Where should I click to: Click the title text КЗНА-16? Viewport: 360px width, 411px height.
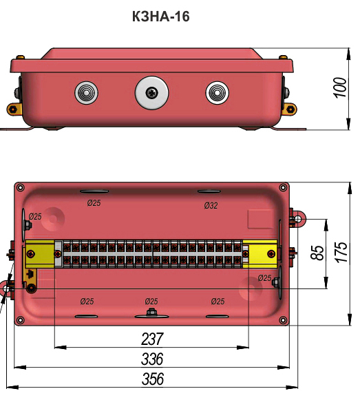(x=160, y=17)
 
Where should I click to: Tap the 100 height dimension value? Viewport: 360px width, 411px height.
(x=340, y=88)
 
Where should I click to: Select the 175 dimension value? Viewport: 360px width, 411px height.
(x=341, y=252)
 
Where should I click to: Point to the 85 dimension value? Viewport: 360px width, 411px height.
(x=317, y=253)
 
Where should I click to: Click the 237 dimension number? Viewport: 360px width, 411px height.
(x=153, y=339)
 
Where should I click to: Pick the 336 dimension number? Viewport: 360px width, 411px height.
(x=152, y=359)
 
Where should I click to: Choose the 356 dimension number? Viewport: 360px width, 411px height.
(x=153, y=379)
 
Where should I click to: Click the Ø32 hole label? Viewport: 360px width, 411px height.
(x=211, y=205)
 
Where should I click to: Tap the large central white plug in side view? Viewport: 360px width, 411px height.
(x=151, y=92)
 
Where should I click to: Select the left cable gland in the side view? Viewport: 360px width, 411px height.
(x=86, y=93)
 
